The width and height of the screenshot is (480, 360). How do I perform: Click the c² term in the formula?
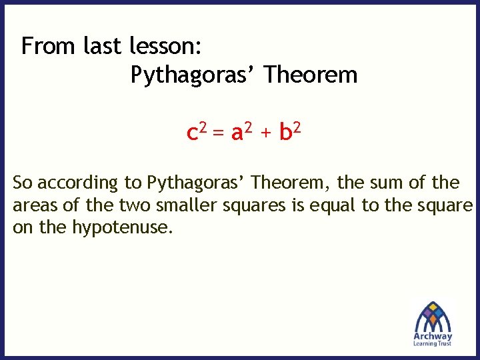(x=196, y=132)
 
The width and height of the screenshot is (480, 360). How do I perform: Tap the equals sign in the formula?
(x=219, y=133)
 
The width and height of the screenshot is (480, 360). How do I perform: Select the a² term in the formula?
(x=241, y=132)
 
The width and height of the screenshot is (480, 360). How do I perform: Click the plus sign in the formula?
(x=266, y=133)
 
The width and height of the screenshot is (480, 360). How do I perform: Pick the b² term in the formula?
(x=290, y=131)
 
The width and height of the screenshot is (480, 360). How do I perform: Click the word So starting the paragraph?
(x=23, y=182)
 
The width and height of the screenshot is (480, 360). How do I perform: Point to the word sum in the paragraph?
(x=387, y=182)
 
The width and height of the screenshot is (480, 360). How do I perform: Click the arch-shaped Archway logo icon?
(x=433, y=315)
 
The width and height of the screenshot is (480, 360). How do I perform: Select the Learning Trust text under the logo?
(x=433, y=343)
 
